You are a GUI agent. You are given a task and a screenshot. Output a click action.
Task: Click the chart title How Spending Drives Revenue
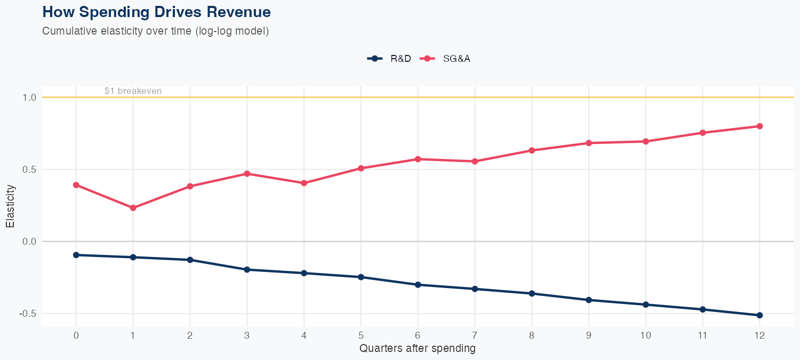coord(156,12)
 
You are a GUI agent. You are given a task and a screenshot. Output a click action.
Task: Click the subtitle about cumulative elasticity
coord(155,31)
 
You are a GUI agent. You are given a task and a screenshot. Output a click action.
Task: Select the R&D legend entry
coord(389,59)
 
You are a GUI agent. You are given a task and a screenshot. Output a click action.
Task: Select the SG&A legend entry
coord(446,59)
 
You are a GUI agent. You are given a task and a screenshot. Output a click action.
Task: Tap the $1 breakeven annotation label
coord(133,91)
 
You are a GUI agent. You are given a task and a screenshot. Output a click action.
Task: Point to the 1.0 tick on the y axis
coord(29,98)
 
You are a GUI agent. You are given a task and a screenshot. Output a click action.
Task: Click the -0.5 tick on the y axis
coord(28,314)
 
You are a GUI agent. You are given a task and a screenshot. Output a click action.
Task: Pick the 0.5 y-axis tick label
coord(29,170)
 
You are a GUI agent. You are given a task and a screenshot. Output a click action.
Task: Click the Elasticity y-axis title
coord(10,206)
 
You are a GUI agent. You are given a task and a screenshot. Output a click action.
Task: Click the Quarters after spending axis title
coord(417,349)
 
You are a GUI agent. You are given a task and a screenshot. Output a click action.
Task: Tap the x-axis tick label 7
coord(475,335)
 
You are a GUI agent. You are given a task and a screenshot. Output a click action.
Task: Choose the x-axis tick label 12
coord(759,335)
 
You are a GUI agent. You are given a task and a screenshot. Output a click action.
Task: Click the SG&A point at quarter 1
coord(133,208)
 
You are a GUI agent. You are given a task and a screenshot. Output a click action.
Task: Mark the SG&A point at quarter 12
coord(759,126)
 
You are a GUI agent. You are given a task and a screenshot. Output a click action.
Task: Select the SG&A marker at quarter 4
coord(304,183)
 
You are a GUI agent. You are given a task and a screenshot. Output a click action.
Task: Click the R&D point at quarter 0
coord(76,255)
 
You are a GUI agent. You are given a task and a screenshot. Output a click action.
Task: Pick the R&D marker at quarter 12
coord(759,315)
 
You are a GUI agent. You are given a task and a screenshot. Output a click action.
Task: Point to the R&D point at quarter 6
coord(418,285)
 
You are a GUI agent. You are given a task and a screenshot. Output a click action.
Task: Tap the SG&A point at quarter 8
coord(532,150)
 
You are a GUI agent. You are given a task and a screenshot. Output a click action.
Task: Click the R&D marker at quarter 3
coord(247,270)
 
